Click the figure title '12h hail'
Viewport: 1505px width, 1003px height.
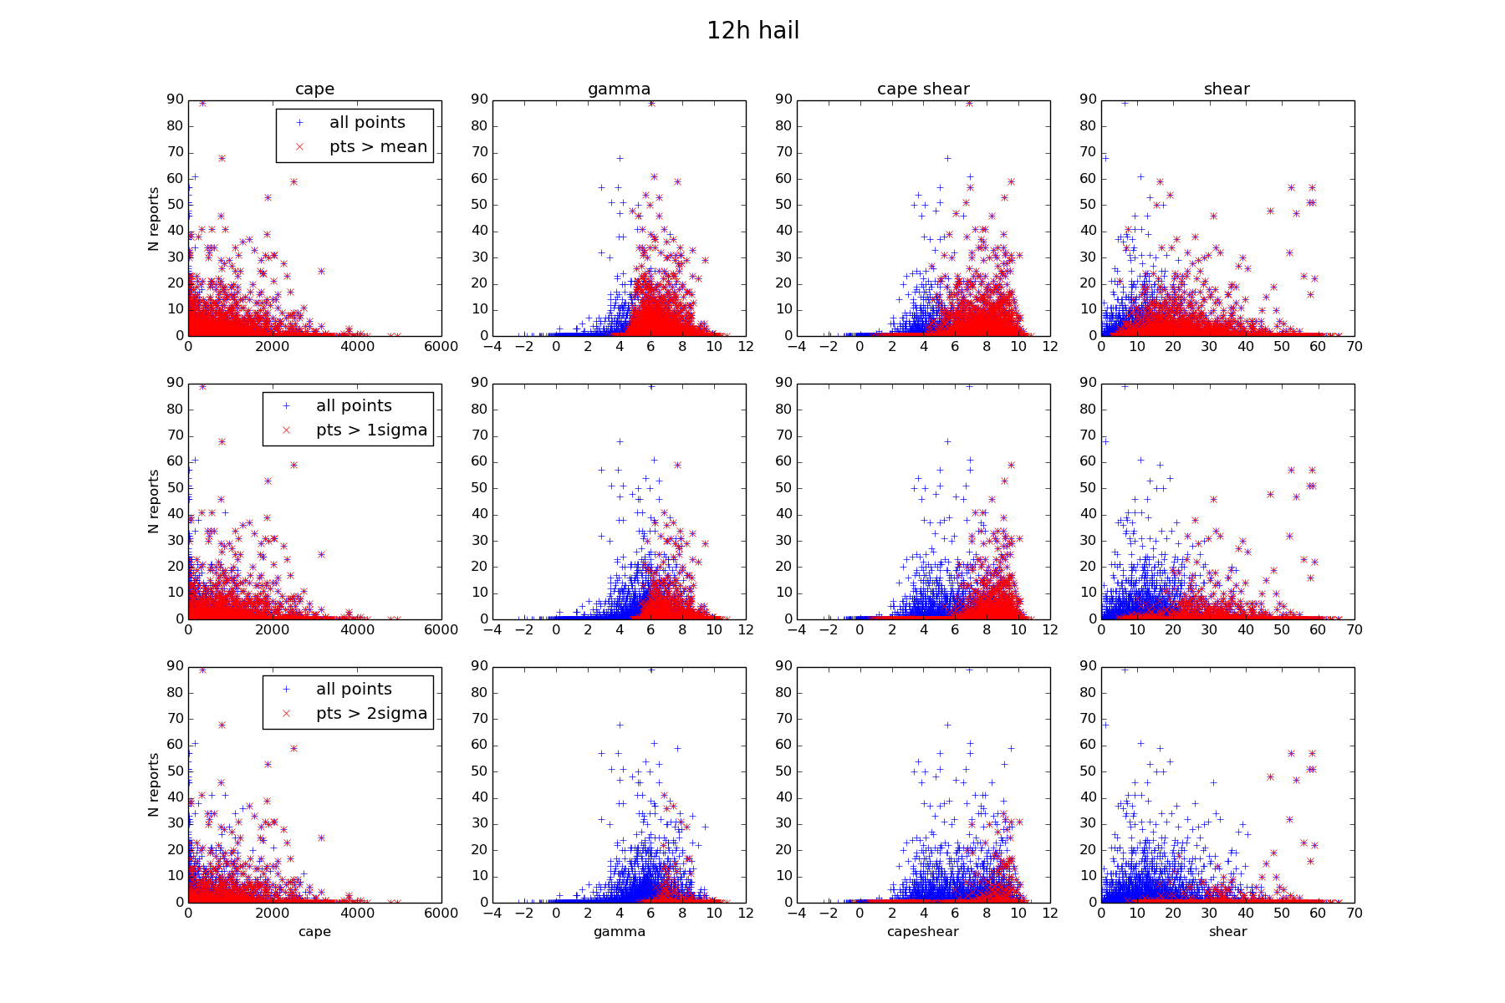(x=752, y=31)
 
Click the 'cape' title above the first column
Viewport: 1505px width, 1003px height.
(x=314, y=89)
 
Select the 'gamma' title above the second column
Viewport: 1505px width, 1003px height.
(x=619, y=89)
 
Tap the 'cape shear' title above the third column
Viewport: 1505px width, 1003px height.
(x=923, y=89)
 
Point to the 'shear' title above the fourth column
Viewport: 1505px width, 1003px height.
(x=1227, y=89)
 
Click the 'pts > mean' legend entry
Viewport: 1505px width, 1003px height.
(x=378, y=147)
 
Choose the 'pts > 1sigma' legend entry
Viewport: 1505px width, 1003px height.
(x=371, y=430)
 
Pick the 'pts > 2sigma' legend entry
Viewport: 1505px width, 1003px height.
(x=371, y=714)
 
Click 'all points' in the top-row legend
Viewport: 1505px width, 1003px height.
(x=367, y=123)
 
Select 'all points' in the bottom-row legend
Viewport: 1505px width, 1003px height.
(x=354, y=690)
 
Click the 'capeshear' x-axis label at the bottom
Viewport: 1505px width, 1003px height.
(x=922, y=932)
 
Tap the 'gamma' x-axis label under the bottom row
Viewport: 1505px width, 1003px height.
(x=619, y=932)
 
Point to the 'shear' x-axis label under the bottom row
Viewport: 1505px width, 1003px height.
(x=1227, y=932)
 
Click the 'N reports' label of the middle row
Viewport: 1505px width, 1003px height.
(x=154, y=501)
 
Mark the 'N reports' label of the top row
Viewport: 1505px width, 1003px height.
(x=154, y=218)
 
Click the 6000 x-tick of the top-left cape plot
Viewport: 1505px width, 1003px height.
(x=441, y=347)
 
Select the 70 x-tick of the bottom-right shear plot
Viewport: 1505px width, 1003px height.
(x=1354, y=914)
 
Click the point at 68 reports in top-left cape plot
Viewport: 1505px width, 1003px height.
(x=222, y=158)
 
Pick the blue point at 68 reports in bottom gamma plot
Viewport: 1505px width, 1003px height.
(x=620, y=725)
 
